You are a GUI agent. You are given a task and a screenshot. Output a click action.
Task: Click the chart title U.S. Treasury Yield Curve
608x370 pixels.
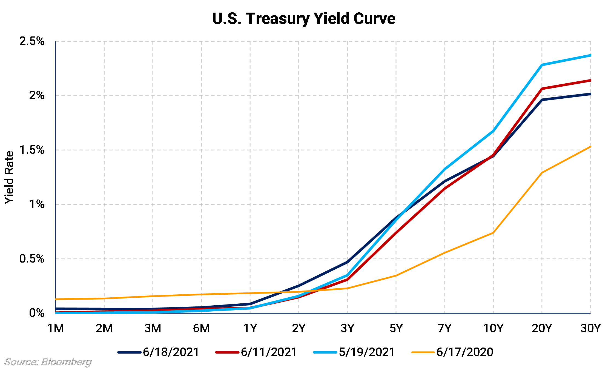coord(304,19)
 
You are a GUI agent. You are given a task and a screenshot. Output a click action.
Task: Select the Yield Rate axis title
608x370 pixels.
coord(9,177)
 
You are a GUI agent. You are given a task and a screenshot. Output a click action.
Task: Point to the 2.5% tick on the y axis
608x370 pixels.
coord(32,41)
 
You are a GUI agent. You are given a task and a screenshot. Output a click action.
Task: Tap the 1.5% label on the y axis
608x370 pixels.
coord(32,150)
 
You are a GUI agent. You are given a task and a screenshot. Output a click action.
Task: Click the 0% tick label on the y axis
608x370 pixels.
coord(37,313)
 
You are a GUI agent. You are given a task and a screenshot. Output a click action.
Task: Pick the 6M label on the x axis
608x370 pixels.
coord(201,328)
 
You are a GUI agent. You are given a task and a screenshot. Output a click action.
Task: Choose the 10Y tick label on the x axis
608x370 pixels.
coord(493,328)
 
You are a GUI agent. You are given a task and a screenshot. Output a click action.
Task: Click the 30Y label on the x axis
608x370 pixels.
coord(590,328)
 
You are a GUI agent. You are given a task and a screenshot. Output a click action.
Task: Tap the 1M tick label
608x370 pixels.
coord(56,328)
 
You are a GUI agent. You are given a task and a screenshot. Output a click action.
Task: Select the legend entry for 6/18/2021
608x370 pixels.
coord(159,352)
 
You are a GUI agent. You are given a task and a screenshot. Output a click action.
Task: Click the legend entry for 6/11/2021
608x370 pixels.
coord(257,352)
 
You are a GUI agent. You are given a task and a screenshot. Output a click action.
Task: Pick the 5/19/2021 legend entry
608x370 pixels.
coord(354,352)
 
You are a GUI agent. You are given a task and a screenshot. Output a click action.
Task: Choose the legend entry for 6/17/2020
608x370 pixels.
coord(452,352)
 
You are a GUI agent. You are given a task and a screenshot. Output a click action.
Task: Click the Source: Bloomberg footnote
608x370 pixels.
coord(48,362)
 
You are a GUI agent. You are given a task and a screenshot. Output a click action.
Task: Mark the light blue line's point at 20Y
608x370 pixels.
coord(542,65)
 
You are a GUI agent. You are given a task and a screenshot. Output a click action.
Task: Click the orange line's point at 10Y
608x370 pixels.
coord(493,233)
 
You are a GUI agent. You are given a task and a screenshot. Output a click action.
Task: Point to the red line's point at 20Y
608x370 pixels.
coord(542,89)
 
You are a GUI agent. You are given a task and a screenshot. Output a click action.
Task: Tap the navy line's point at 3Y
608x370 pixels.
coord(347,262)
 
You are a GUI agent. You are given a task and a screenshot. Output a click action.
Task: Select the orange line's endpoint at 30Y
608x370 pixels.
coord(590,147)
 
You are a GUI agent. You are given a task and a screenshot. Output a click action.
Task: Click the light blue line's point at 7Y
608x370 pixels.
coord(444,169)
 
